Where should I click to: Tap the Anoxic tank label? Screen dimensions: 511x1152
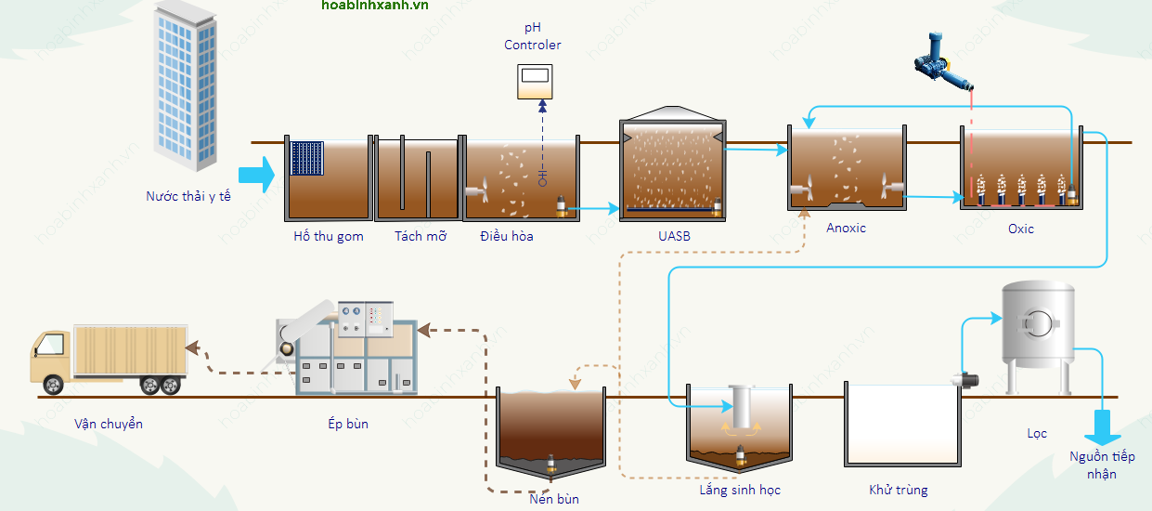(846, 228)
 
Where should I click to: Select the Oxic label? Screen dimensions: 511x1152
(1020, 229)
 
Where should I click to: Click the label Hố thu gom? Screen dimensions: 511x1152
(329, 236)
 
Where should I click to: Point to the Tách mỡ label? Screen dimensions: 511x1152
(421, 236)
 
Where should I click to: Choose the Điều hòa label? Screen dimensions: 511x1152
(507, 236)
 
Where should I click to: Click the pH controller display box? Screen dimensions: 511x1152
(535, 82)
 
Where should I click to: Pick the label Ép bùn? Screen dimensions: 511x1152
(348, 424)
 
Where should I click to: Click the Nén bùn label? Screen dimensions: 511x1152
(553, 499)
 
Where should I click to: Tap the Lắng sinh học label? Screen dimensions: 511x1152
(740, 490)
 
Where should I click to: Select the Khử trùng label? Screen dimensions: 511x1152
(898, 490)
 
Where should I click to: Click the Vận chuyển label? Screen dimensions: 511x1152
(109, 424)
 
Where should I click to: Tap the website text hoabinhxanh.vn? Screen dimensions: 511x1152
(375, 6)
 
